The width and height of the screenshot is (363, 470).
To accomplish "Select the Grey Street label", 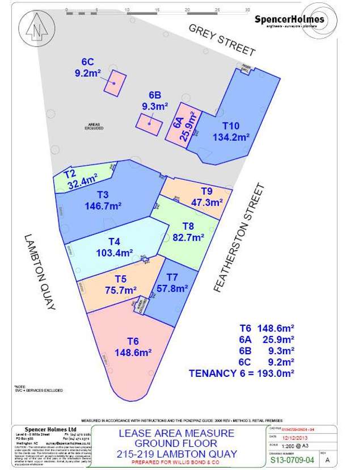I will coord(222,40).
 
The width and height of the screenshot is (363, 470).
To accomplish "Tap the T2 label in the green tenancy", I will coord(69,174).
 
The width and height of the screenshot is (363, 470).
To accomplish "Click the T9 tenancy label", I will coord(206,191).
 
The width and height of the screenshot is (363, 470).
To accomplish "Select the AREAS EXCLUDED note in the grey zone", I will coord(94,127).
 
